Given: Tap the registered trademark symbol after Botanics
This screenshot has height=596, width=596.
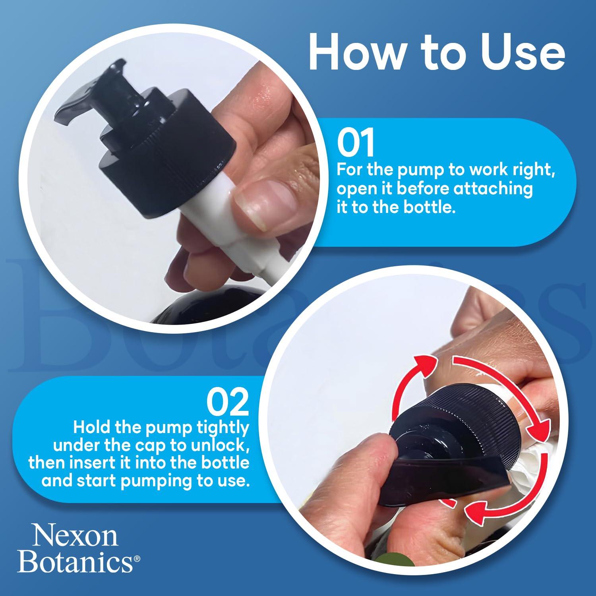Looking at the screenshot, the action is click(137, 558).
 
